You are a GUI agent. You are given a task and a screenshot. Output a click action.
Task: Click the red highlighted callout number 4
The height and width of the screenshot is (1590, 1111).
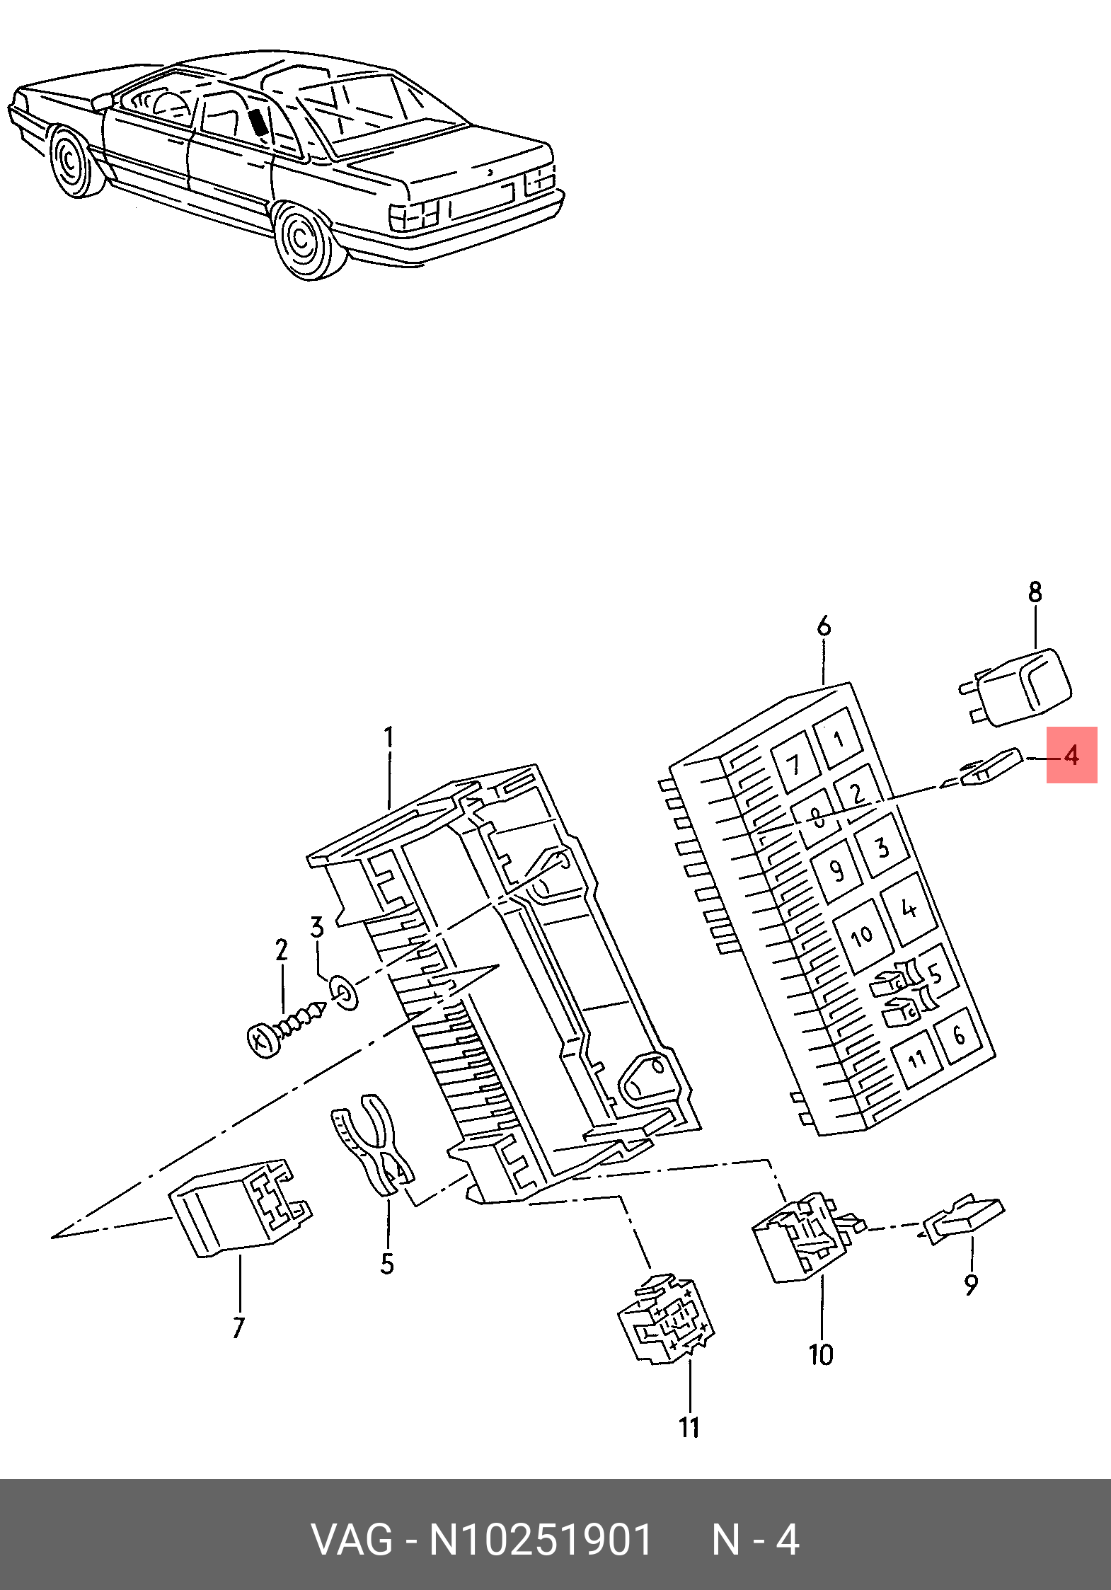coord(1071,755)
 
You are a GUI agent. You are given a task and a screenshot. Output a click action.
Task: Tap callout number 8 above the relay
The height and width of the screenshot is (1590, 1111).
coord(1035,592)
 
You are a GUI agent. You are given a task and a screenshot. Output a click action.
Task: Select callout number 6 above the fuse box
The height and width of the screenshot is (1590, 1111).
coord(824,626)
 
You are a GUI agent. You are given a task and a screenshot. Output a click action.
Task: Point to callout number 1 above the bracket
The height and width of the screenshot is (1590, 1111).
coord(388,738)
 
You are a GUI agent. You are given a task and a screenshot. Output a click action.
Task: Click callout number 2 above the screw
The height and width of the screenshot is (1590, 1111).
coord(282,950)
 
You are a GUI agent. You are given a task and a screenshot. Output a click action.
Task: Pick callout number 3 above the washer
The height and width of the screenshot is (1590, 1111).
coord(317,927)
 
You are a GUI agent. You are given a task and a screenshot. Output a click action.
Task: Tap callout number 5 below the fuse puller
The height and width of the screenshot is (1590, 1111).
coord(387,1264)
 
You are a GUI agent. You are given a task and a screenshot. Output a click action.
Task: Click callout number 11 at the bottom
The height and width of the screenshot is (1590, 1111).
coord(690,1427)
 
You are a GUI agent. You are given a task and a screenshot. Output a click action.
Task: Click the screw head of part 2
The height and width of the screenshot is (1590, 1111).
coord(264,1041)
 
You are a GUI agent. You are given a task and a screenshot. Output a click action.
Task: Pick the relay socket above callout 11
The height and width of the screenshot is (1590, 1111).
coord(666,1319)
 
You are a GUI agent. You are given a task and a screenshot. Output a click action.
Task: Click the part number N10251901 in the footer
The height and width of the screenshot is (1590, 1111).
coord(541,1540)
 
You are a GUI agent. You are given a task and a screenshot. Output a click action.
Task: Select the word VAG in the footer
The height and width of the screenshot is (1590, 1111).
coord(352,1540)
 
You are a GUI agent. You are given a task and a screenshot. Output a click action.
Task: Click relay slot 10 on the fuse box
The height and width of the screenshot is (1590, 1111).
coord(863,937)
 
